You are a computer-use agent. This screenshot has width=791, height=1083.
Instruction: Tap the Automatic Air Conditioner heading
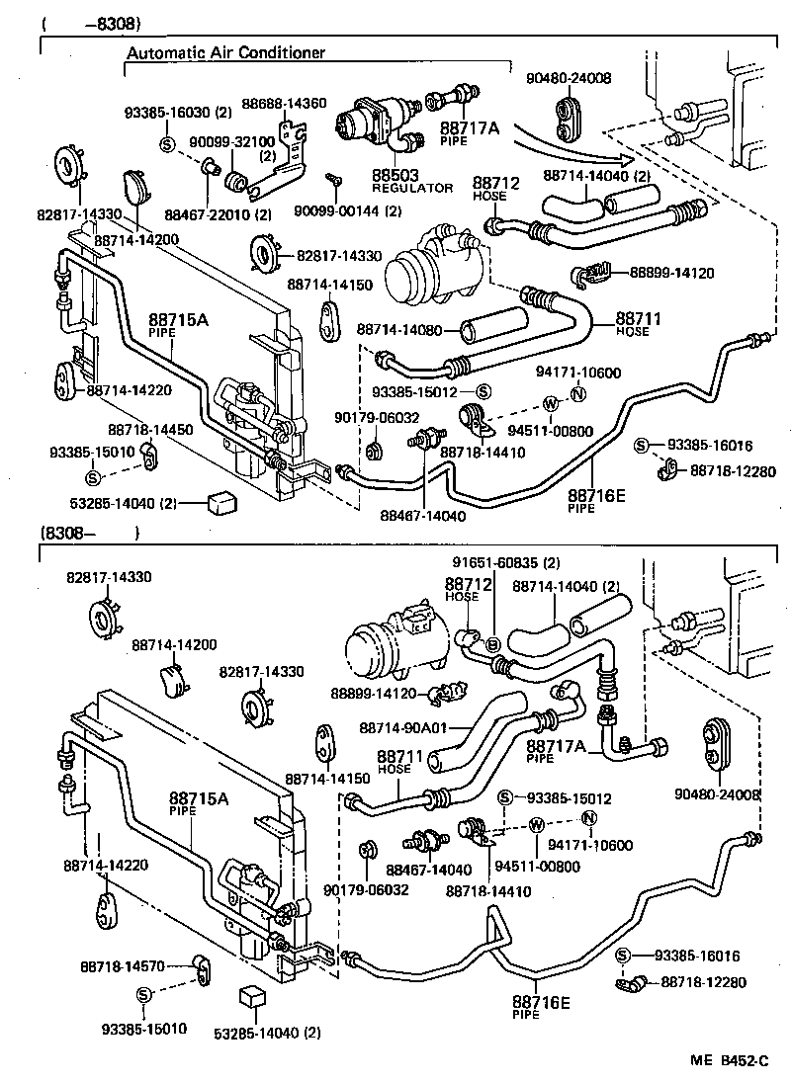pyautogui.click(x=226, y=53)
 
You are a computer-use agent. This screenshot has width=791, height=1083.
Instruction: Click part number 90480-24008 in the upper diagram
pyautogui.click(x=569, y=78)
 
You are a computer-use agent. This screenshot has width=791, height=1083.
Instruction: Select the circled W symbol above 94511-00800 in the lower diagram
pyautogui.click(x=536, y=825)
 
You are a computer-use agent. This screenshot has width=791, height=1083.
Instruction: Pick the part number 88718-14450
pyautogui.click(x=150, y=430)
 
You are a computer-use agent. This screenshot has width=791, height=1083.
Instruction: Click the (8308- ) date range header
pyautogui.click(x=89, y=533)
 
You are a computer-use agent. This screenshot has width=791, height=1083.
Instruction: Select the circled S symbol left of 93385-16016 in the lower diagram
pyautogui.click(x=623, y=955)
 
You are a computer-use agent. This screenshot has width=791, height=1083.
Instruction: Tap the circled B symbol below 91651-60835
pyautogui.click(x=491, y=644)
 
